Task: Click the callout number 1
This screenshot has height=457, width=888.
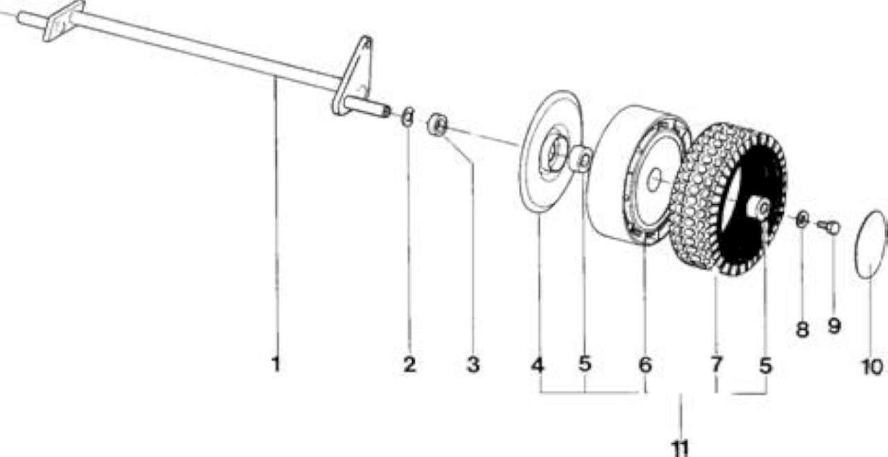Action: click(276, 364)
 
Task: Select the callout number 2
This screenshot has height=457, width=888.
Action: click(410, 365)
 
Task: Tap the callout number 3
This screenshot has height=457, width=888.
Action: click(473, 365)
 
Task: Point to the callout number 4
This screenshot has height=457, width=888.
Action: click(538, 365)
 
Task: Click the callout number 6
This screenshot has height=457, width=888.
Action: click(645, 365)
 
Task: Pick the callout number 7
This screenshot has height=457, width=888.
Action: click(717, 365)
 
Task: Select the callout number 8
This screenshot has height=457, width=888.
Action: click(803, 329)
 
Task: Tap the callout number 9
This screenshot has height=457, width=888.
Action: click(835, 326)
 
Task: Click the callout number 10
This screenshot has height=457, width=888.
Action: click(872, 367)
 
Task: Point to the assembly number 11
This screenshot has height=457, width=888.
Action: click(681, 448)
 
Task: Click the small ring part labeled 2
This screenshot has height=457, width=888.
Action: click(407, 117)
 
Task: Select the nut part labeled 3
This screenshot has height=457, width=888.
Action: click(437, 124)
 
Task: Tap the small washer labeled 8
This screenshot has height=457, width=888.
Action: click(803, 219)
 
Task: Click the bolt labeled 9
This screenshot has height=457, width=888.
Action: click(829, 226)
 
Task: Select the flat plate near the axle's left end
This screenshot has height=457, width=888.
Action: click(63, 21)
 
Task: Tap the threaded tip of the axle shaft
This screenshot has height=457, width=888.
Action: click(385, 112)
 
